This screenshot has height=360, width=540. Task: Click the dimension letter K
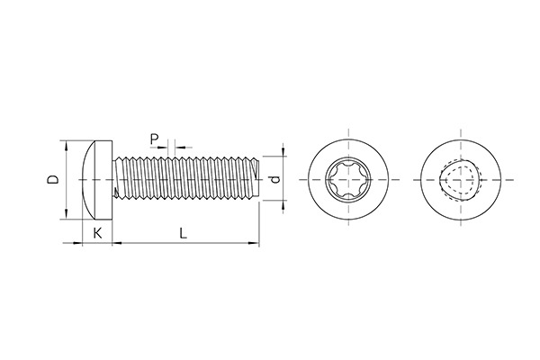pos(97,233)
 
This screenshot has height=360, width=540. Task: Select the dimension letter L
pos(183,233)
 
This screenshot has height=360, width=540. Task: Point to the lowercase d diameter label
pos(275,178)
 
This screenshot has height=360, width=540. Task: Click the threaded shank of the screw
pos(184,178)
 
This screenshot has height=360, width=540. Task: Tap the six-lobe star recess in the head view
pos(346,178)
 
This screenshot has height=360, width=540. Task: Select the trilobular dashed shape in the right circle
pos(462,178)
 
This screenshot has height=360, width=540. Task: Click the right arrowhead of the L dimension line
pos(255,242)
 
